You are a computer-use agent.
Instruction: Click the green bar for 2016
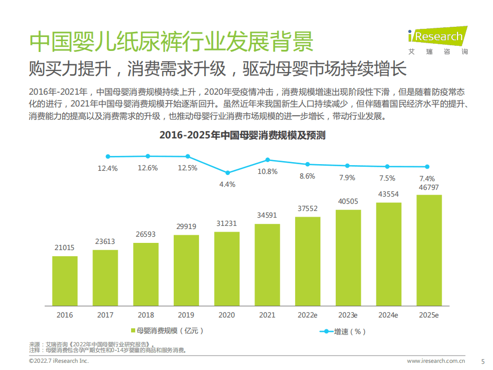click(65, 280)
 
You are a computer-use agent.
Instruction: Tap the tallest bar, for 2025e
click(429, 249)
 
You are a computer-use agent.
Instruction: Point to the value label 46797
click(429, 187)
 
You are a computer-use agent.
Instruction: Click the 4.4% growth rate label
click(227, 184)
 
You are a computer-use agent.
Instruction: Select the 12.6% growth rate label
click(148, 168)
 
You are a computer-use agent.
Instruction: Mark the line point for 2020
click(228, 172)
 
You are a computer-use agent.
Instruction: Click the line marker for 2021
click(267, 160)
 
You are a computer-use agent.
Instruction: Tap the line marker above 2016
click(108, 156)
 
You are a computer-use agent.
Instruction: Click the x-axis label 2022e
click(307, 315)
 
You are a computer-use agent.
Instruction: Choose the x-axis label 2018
click(145, 315)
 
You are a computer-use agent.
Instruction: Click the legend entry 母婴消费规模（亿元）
click(167, 330)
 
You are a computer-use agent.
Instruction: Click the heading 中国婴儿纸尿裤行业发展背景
click(171, 42)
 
